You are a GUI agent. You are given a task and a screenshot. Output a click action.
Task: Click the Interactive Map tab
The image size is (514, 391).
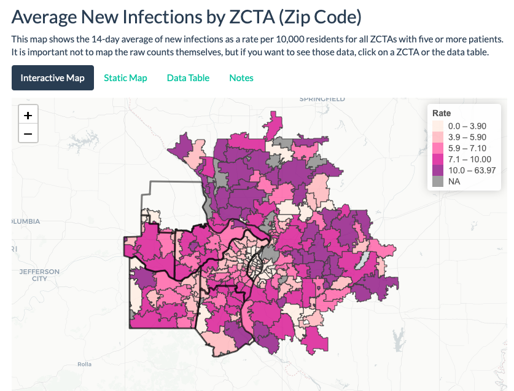click(52, 78)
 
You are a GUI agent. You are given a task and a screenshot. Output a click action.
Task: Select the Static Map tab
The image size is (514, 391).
click(125, 78)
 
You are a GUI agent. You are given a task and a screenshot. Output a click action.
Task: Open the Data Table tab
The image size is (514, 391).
click(188, 78)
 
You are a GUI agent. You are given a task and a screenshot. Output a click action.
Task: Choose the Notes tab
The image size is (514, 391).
click(241, 78)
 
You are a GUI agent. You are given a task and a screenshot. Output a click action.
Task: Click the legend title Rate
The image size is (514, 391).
click(442, 113)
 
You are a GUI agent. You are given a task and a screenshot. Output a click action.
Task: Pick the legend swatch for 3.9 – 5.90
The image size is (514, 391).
click(438, 136)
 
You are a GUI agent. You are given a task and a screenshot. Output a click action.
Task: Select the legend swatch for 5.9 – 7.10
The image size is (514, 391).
click(438, 148)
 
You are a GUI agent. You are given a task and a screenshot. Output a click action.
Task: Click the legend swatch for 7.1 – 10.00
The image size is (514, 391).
click(438, 159)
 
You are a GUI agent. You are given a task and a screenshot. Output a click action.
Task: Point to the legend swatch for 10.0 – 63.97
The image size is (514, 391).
click(438, 170)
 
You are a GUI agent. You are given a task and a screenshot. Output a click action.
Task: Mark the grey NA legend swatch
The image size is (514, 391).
click(438, 182)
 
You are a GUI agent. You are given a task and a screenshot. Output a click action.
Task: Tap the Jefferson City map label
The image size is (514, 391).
click(39, 275)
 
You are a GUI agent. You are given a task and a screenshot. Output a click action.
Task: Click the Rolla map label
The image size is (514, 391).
click(84, 365)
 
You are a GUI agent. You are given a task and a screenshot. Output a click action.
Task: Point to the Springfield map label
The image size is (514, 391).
click(322, 99)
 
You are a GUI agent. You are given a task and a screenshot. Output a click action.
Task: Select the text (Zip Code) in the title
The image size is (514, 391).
click(320, 17)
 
